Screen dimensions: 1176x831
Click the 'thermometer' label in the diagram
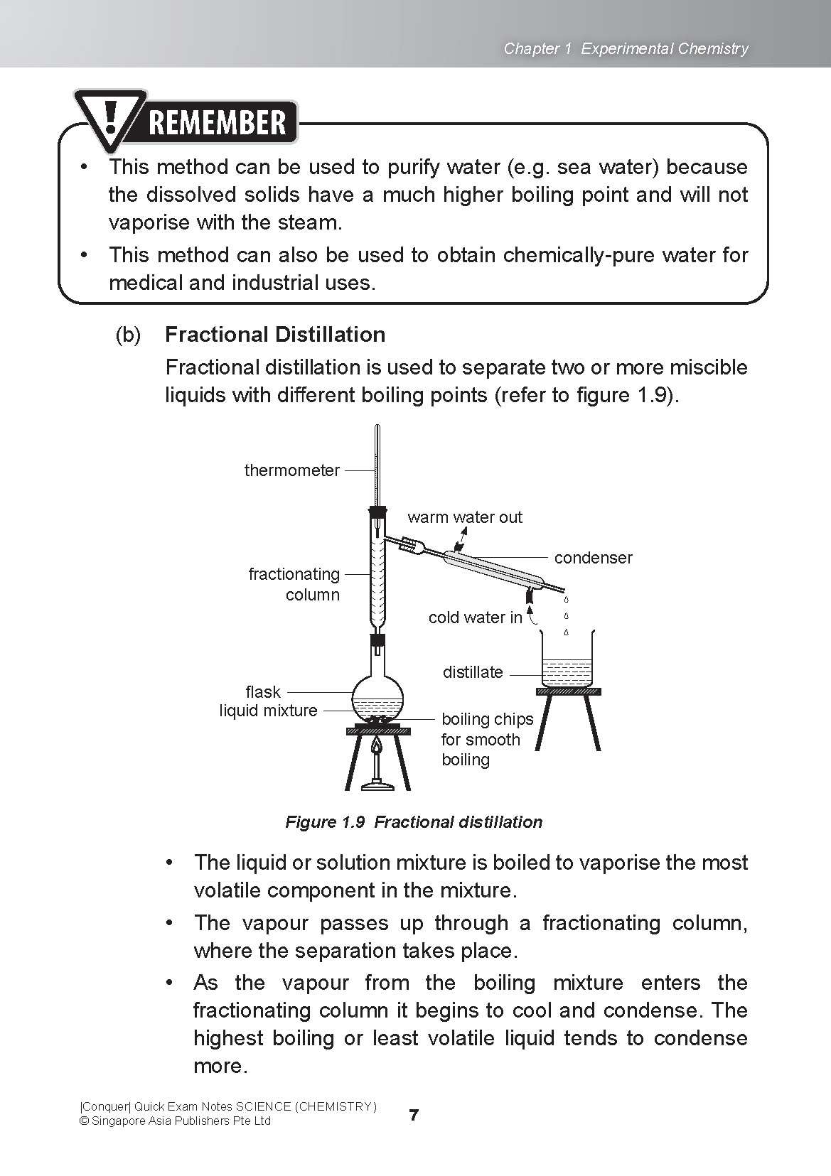click(291, 470)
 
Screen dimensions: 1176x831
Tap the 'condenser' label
click(593, 558)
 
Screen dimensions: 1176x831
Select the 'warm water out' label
click(464, 517)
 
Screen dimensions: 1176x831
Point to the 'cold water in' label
click(475, 617)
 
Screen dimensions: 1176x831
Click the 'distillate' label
click(473, 672)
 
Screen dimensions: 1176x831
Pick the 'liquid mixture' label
click(268, 711)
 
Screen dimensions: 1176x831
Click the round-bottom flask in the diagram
click(377, 695)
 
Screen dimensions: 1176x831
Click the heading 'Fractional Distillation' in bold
click(275, 335)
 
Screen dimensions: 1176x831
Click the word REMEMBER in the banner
click(218, 122)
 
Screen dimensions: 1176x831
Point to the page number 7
click(414, 1115)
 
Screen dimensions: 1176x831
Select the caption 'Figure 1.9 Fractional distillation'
click(414, 822)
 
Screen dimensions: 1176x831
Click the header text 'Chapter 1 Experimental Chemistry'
click(626, 48)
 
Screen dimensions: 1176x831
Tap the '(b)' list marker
click(128, 335)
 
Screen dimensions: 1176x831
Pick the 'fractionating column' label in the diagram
click(294, 584)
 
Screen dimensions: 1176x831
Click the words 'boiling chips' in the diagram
click(487, 719)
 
